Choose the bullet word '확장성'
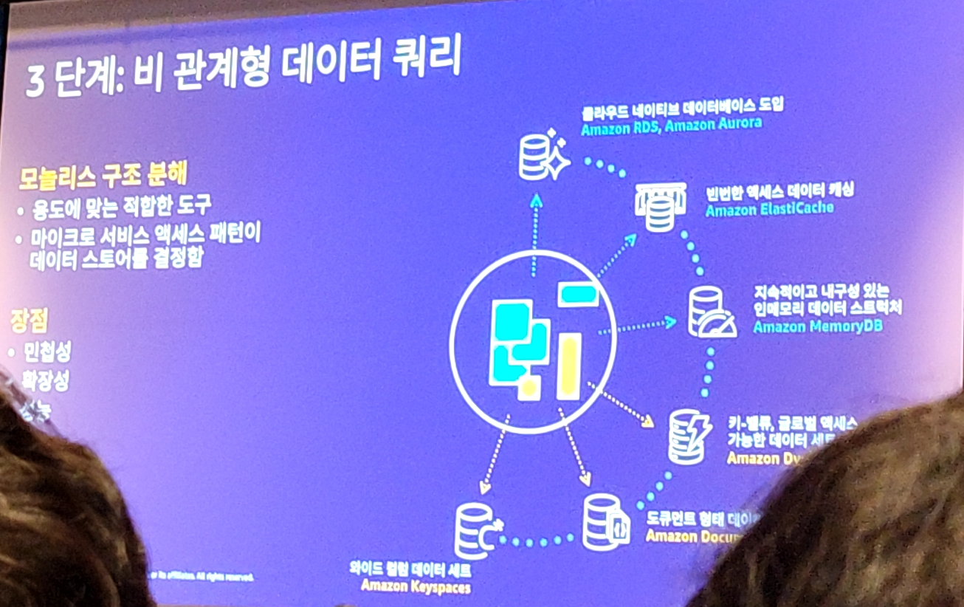[46, 382]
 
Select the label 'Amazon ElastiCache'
[769, 209]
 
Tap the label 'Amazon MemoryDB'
[817, 326]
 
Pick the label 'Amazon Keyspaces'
[416, 587]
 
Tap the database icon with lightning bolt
[689, 436]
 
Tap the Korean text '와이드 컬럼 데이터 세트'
[410, 570]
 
